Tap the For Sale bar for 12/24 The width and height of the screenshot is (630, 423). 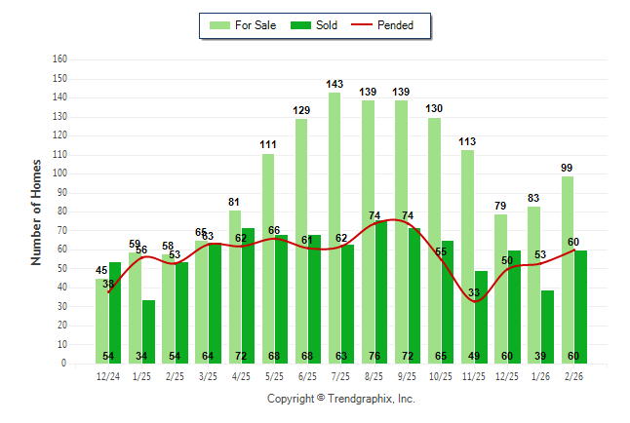pyautogui.click(x=101, y=321)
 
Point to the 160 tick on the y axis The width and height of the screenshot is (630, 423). pyautogui.click(x=59, y=59)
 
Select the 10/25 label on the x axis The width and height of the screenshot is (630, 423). pyautogui.click(x=441, y=376)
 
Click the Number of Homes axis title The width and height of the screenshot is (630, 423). pyautogui.click(x=37, y=211)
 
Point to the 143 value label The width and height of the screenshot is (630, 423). pyautogui.click(x=335, y=84)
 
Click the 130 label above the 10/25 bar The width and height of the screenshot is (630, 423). pyautogui.click(x=434, y=108)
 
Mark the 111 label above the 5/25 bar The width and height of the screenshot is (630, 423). pyautogui.click(x=268, y=144)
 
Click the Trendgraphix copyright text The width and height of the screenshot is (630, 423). pyautogui.click(x=340, y=399)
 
